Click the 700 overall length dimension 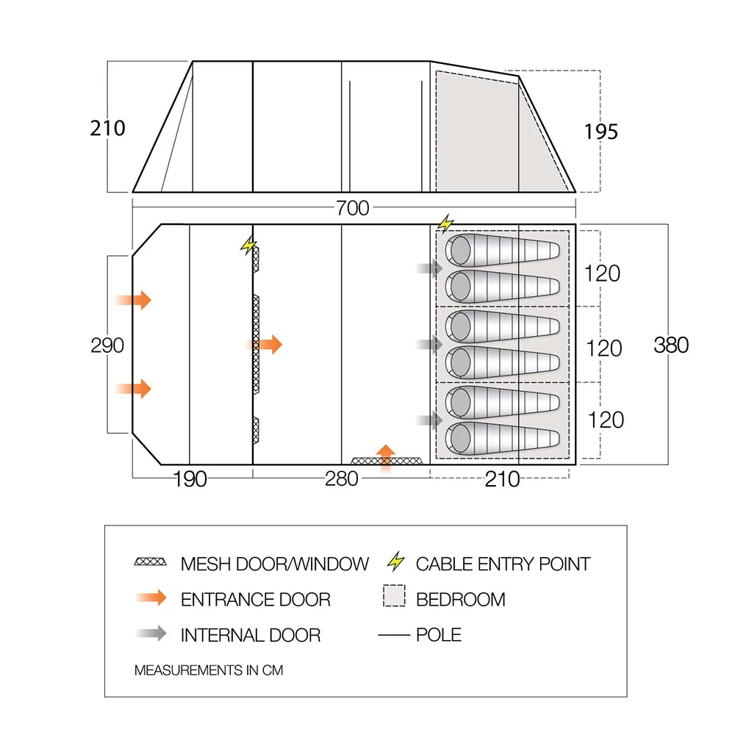point(353,209)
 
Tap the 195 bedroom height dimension point(600,132)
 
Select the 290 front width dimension point(107,345)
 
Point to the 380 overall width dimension point(671,345)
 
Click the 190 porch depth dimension point(190,479)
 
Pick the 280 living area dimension point(342,479)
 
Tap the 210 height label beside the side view point(108,128)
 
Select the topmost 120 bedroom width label point(603,273)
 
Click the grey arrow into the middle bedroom point(429,344)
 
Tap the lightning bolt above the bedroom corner point(445,223)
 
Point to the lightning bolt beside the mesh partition point(249,245)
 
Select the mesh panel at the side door point(387,461)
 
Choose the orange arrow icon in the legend point(151,598)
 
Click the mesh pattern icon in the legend point(151,563)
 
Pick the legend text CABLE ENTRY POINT point(503,564)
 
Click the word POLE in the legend point(439,634)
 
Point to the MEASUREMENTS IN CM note point(208,670)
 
